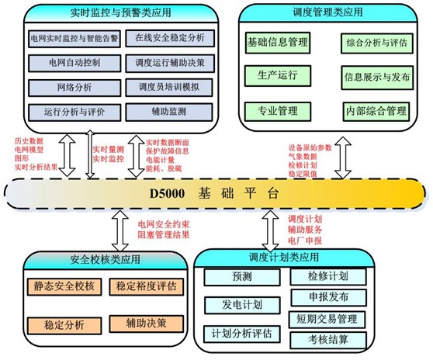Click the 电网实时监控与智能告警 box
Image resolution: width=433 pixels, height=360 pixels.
click(x=73, y=36)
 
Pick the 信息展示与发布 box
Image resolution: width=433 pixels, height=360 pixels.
click(x=376, y=77)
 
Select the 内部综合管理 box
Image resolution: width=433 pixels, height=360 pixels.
click(x=376, y=112)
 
